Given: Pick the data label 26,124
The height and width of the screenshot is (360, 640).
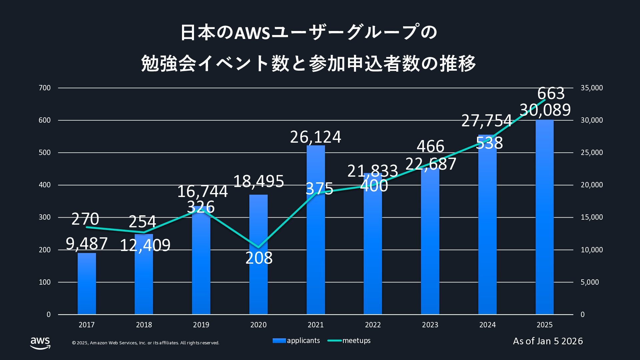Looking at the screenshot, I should [316, 137].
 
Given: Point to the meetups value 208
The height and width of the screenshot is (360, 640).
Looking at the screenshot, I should [259, 258].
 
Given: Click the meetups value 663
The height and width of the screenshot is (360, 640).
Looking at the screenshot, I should [551, 93].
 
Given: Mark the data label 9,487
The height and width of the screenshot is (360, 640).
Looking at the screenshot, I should [87, 244].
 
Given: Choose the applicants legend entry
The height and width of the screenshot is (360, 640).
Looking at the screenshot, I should [296, 341].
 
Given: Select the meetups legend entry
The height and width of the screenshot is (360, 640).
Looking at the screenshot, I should [349, 341].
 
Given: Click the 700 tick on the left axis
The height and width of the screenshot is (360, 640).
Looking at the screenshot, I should [45, 88].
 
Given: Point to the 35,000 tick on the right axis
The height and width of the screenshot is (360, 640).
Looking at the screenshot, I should [592, 88].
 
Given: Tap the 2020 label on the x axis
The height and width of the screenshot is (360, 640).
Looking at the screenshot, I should [258, 325].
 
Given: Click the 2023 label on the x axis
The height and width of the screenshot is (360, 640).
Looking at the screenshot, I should [430, 325].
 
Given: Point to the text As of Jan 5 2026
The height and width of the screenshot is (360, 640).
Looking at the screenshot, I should [548, 341].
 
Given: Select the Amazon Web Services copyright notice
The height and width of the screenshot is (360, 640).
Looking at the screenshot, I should [146, 343].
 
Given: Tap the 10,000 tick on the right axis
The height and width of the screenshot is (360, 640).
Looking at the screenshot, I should [592, 250].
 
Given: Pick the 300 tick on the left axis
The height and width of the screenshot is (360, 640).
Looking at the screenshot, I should [45, 217].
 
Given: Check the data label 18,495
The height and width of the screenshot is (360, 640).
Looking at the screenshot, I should [258, 181].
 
